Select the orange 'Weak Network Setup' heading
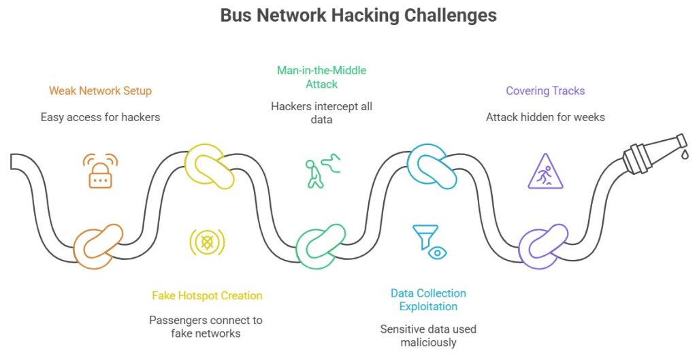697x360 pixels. coord(100,91)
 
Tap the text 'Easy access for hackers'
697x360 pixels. coord(100,117)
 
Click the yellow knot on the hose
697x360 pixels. coord(210,166)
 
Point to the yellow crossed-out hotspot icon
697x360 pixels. coord(206,242)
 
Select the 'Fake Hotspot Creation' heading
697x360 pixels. coord(206,295)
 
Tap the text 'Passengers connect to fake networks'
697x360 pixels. coord(206,327)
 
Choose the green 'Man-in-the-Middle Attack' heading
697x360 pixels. coord(321,77)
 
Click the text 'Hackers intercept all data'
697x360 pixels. coord(321,113)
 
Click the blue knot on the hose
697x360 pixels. coord(432,166)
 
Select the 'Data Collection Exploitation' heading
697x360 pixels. coord(428,300)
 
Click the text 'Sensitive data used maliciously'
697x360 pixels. coord(428,336)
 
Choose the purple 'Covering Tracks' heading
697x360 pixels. coord(545,91)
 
